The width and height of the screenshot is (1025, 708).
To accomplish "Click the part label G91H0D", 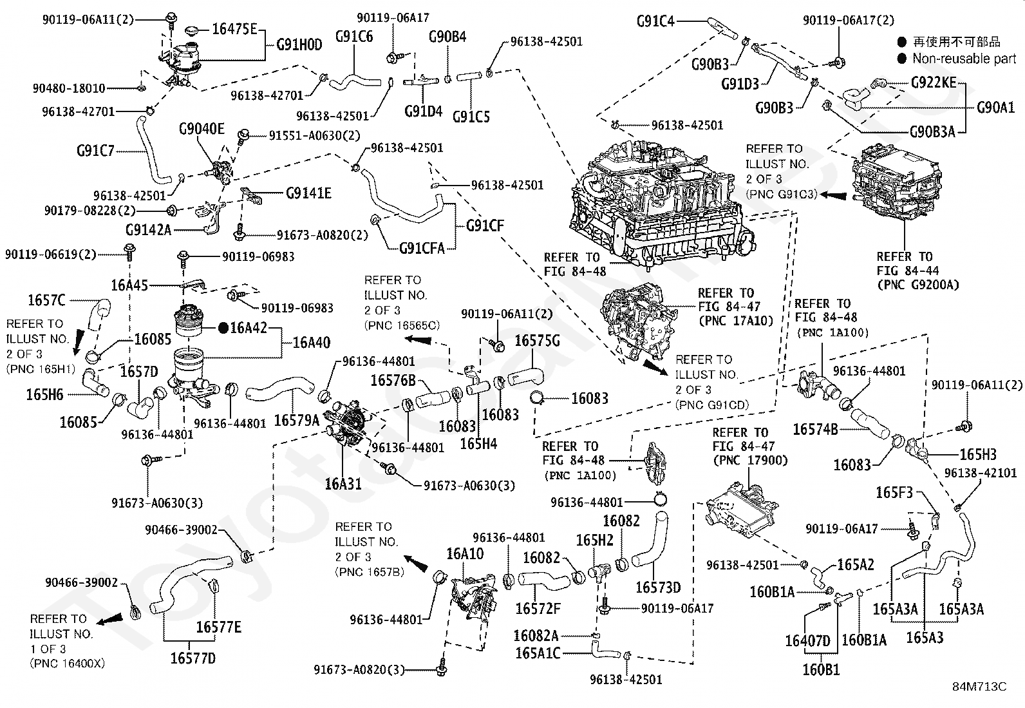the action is tap(299, 45).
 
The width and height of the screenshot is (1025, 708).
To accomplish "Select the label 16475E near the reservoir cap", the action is tap(234, 29).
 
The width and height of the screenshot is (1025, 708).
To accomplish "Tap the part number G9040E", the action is tap(202, 129).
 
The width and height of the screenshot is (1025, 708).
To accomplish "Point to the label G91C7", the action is tap(95, 150).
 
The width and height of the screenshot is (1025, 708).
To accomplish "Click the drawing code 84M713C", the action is tap(979, 687).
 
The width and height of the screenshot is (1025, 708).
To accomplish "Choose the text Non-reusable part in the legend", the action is tap(964, 59).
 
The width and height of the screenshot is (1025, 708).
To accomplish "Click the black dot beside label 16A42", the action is tap(223, 328).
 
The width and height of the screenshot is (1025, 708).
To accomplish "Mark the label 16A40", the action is tap(311, 342).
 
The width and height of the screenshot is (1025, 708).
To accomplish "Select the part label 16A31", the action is tap(343, 484).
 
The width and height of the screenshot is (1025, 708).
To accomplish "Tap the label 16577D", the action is tap(193, 658).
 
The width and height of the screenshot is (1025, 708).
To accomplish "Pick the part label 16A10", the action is tap(465, 553).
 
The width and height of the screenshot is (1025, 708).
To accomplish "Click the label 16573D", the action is tap(658, 587).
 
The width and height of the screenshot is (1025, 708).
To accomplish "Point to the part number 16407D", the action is tap(807, 641).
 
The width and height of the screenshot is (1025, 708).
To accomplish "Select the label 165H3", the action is tap(978, 454).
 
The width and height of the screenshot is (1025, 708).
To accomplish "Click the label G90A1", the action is tap(996, 108).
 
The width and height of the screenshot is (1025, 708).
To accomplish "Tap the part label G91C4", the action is tap(655, 21).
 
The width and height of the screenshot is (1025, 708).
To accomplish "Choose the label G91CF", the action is tap(485, 225).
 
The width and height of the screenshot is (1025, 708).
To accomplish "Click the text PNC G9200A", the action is tap(918, 285).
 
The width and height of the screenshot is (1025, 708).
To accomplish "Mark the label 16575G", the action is tap(537, 341).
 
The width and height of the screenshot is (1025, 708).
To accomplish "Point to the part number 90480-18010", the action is tap(69, 88).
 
